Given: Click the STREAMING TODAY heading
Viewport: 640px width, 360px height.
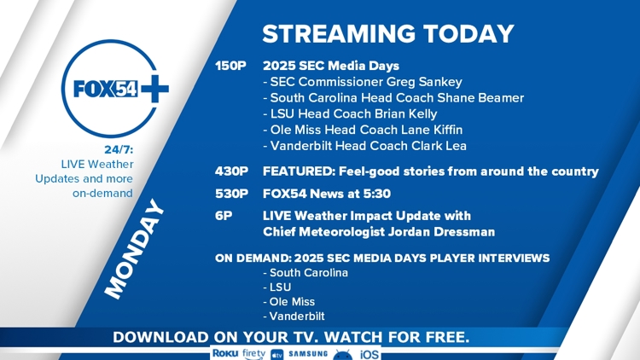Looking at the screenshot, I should (388, 33).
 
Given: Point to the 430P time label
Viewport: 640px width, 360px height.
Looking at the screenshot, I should (231, 171).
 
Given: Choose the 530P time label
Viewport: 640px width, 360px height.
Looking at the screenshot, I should (231, 194).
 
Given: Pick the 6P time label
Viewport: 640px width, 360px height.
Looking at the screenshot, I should (224, 216).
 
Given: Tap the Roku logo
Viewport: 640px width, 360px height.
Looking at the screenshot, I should (225, 353).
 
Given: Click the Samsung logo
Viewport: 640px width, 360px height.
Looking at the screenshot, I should (308, 353).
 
